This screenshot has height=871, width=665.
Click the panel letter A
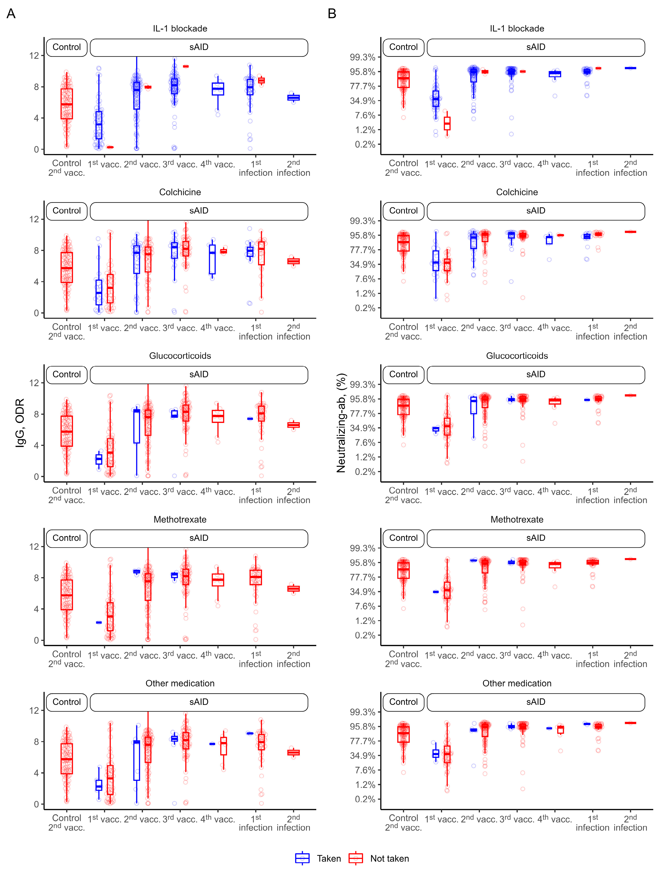pyautogui.click(x=11, y=14)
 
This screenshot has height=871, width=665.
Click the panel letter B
pyautogui.click(x=332, y=14)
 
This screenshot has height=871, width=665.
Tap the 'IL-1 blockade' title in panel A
pyautogui.click(x=180, y=29)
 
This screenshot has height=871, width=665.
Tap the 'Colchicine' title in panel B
pyautogui.click(x=517, y=192)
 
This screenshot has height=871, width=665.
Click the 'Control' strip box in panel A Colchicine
pyautogui.click(x=66, y=211)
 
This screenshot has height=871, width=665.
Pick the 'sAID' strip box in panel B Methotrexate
pyautogui.click(x=536, y=538)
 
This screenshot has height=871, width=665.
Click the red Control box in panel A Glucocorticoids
pyautogui.click(x=66, y=431)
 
